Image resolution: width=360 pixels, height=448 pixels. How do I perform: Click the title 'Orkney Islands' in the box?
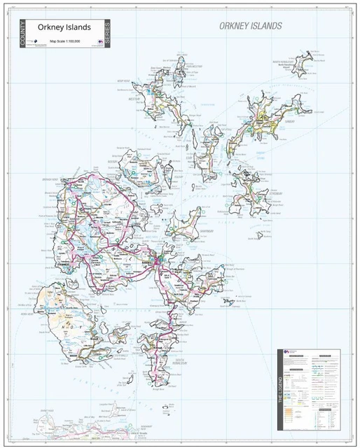click(x=68, y=27)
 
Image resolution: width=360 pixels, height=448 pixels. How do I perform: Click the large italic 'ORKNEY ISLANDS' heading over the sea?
click(x=250, y=26)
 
